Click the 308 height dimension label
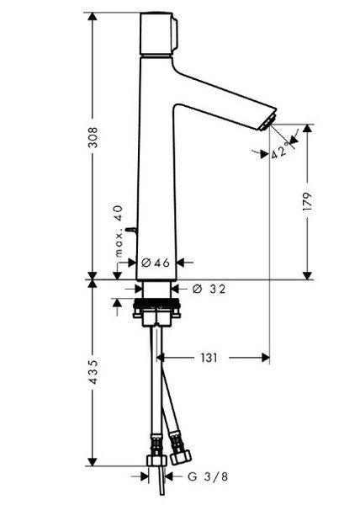tap(93, 137)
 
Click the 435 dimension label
tap(93, 372)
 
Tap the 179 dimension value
tap(308, 202)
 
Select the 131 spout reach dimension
tap(209, 358)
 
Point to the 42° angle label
tap(279, 151)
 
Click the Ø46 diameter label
tap(156, 263)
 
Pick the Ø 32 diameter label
tap(209, 289)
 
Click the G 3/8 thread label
tap(208, 476)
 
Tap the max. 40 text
tap(119, 231)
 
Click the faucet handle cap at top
tap(158, 34)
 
